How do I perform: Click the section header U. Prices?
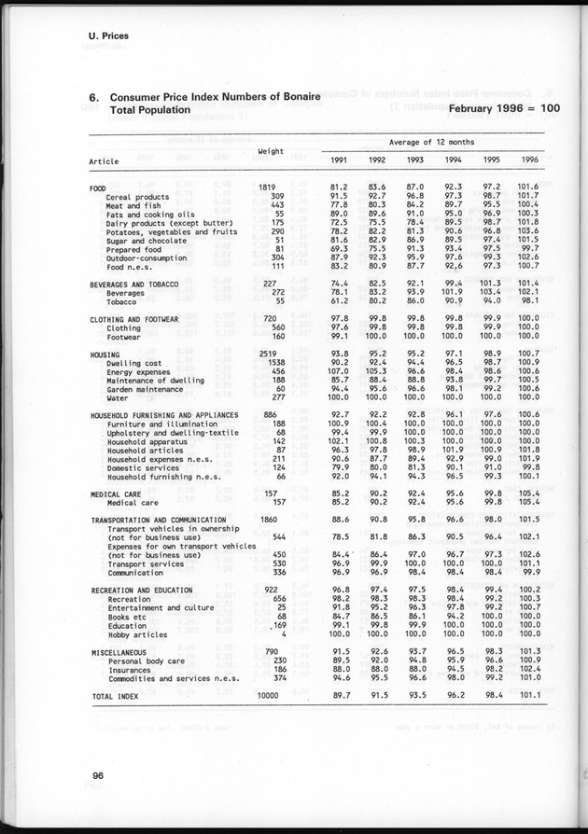tap(103, 36)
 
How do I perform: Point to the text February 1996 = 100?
tap(504, 109)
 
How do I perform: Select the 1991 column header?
tap(339, 160)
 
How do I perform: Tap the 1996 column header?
tap(530, 160)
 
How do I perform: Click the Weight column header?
tap(271, 150)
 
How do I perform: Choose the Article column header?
tap(104, 160)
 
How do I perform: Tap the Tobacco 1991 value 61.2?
tap(339, 301)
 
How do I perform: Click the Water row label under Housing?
tap(118, 396)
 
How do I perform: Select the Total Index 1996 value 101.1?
tap(530, 695)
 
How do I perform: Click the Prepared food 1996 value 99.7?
tap(530, 248)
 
